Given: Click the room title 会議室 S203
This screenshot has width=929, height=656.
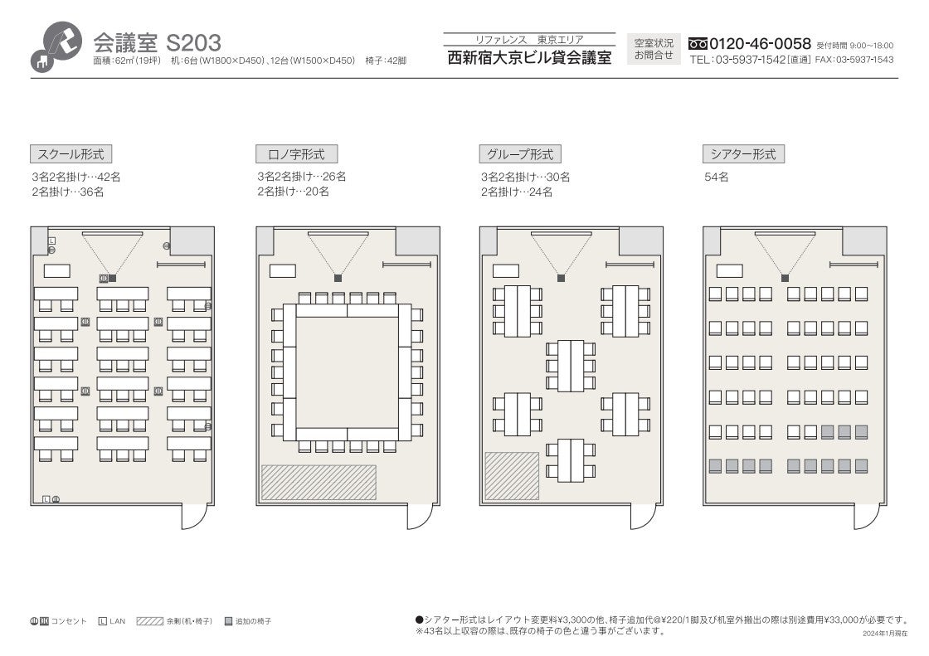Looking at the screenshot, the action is (x=157, y=42).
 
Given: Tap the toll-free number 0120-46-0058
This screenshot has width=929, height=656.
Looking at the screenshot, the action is (x=760, y=43).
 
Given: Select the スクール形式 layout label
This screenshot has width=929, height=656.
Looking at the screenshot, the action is (x=71, y=154).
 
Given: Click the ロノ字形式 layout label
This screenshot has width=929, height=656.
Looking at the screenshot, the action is (x=296, y=154).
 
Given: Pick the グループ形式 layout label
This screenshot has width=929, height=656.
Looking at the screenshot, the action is (x=520, y=154).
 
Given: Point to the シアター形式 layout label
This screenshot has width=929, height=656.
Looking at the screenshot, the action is (x=743, y=154).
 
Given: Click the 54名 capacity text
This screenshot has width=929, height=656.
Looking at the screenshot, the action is (x=717, y=177).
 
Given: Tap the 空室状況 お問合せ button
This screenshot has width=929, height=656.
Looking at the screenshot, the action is (x=654, y=49).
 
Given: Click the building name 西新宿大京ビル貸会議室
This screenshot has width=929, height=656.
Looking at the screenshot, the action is (x=529, y=58).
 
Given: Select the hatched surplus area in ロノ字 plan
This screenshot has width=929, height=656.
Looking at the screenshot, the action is (x=319, y=483).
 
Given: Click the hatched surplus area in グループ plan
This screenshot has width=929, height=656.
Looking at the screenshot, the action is (x=512, y=476).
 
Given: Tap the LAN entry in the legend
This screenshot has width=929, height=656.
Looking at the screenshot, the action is (x=112, y=621).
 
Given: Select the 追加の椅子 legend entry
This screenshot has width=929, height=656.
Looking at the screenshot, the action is (x=248, y=621).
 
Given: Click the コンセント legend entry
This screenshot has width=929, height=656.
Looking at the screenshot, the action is (x=58, y=621).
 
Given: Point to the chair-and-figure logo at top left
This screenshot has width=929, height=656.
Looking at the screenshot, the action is (x=57, y=46).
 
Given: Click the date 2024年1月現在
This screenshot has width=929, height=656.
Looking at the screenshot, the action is (x=884, y=634).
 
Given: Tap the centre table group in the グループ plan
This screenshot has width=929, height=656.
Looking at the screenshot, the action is (x=571, y=366).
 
